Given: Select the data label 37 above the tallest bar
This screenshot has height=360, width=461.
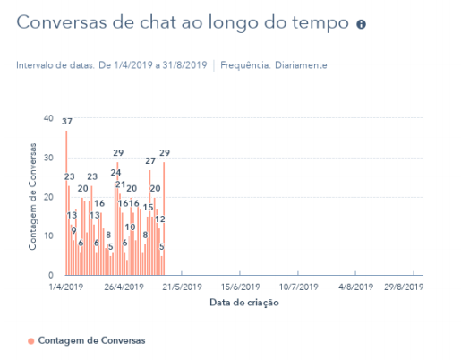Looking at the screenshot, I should click(x=67, y=121).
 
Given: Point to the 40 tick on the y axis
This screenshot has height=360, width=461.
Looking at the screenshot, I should click(x=47, y=118).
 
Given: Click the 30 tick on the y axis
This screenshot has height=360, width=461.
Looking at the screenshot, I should click(x=47, y=158).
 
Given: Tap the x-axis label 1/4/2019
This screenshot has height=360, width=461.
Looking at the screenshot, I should click(x=66, y=287).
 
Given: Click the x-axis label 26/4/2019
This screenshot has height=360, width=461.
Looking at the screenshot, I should click(x=124, y=287).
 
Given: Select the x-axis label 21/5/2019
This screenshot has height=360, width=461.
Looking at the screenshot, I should click(x=182, y=287).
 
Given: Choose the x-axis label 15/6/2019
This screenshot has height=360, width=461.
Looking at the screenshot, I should click(x=239, y=287).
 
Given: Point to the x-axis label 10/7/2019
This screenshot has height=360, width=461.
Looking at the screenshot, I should click(x=297, y=287).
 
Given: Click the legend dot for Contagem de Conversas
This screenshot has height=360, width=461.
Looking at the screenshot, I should click(x=31, y=341).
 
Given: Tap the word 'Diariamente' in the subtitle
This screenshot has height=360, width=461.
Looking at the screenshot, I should click(x=301, y=65).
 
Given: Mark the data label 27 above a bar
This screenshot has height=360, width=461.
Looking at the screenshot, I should click(x=150, y=161).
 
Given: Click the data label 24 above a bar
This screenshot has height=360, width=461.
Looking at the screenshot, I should click(x=116, y=173).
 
